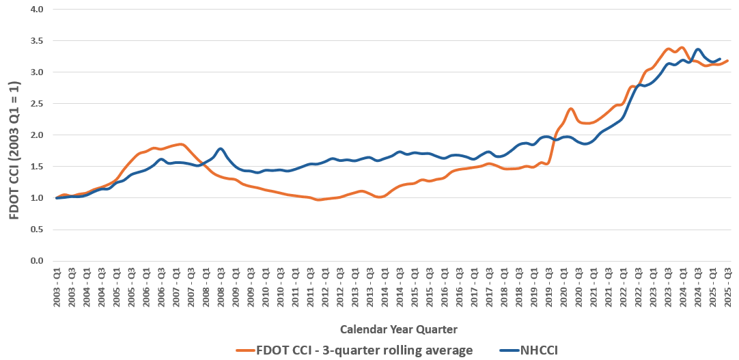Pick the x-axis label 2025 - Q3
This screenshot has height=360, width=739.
pyautogui.click(x=728, y=289)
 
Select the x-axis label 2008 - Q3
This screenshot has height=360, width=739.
pyautogui.click(x=221, y=289)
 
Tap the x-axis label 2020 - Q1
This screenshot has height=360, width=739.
pyautogui.click(x=564, y=289)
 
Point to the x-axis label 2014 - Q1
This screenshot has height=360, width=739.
pyautogui.click(x=385, y=289)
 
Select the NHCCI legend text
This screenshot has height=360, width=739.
pyautogui.click(x=539, y=350)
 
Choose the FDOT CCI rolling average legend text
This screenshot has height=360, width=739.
pyautogui.click(x=365, y=350)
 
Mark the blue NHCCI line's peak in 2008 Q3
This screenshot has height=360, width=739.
pyautogui.click(x=221, y=148)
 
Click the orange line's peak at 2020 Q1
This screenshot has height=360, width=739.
pyautogui.click(x=570, y=109)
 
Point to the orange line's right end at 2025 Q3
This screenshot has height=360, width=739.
pyautogui.click(x=728, y=61)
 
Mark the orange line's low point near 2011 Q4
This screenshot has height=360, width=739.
pyautogui.click(x=319, y=199)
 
